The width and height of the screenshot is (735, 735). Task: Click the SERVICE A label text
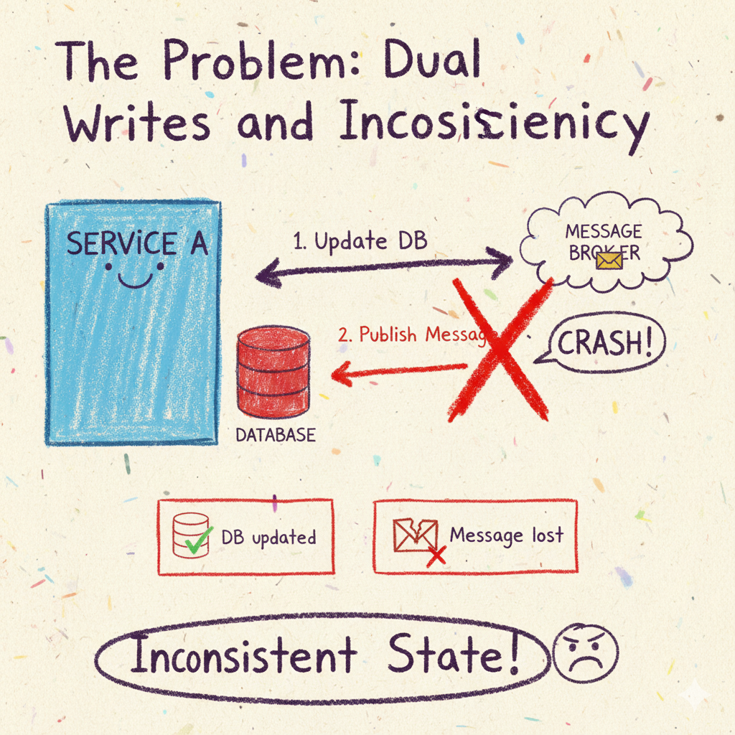click(x=137, y=244)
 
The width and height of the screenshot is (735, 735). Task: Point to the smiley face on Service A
click(x=134, y=274)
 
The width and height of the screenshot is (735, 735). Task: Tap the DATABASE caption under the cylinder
click(x=275, y=435)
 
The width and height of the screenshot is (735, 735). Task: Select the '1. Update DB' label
click(x=360, y=241)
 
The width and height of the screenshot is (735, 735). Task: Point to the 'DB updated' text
click(x=268, y=537)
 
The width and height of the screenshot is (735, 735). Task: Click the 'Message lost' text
click(x=506, y=535)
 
